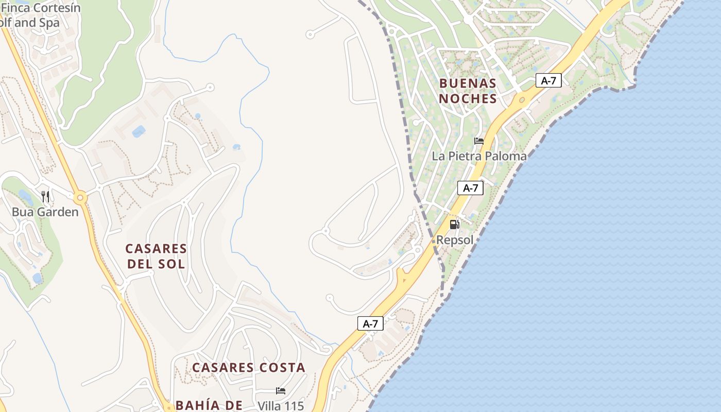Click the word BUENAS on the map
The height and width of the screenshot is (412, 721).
[x=468, y=83]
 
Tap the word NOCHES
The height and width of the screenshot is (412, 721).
[x=468, y=98]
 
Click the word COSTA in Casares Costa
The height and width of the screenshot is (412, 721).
[x=280, y=368]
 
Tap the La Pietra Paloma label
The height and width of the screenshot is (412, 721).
[x=479, y=156]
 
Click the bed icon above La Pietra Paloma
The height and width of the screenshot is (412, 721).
[x=479, y=141]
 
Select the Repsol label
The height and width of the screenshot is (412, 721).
[x=455, y=239]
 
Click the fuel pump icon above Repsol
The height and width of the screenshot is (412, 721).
[x=454, y=224]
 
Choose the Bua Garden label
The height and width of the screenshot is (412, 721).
[x=45, y=212]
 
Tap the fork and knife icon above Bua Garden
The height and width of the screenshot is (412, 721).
[x=45, y=196]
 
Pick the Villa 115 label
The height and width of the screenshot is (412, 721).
[x=281, y=405]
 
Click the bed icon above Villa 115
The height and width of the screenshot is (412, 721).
[x=281, y=391]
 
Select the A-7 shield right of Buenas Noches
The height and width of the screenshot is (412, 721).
[x=548, y=80]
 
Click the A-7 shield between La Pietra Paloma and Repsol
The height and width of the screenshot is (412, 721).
[x=470, y=188]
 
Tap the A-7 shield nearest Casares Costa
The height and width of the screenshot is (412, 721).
[x=370, y=323]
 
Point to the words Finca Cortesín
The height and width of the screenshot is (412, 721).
[x=41, y=8]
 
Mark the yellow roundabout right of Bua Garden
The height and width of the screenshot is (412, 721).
[x=80, y=197]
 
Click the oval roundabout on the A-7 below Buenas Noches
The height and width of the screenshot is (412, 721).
[x=522, y=99]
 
